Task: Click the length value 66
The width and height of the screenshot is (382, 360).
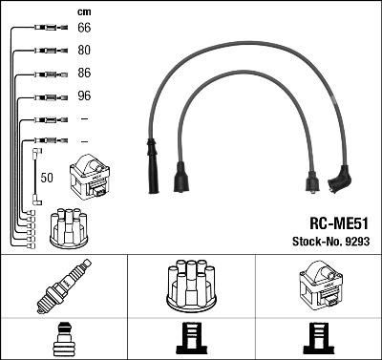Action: pos(84,29)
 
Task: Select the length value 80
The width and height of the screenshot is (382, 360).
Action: pos(84,51)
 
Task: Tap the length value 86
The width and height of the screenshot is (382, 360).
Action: pos(84,74)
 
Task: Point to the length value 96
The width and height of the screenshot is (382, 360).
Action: pos(84,96)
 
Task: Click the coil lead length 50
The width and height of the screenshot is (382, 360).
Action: pos(48,177)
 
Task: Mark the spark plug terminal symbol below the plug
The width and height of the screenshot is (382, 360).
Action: pos(63,339)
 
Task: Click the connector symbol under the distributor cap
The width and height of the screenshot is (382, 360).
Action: pos(191,339)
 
